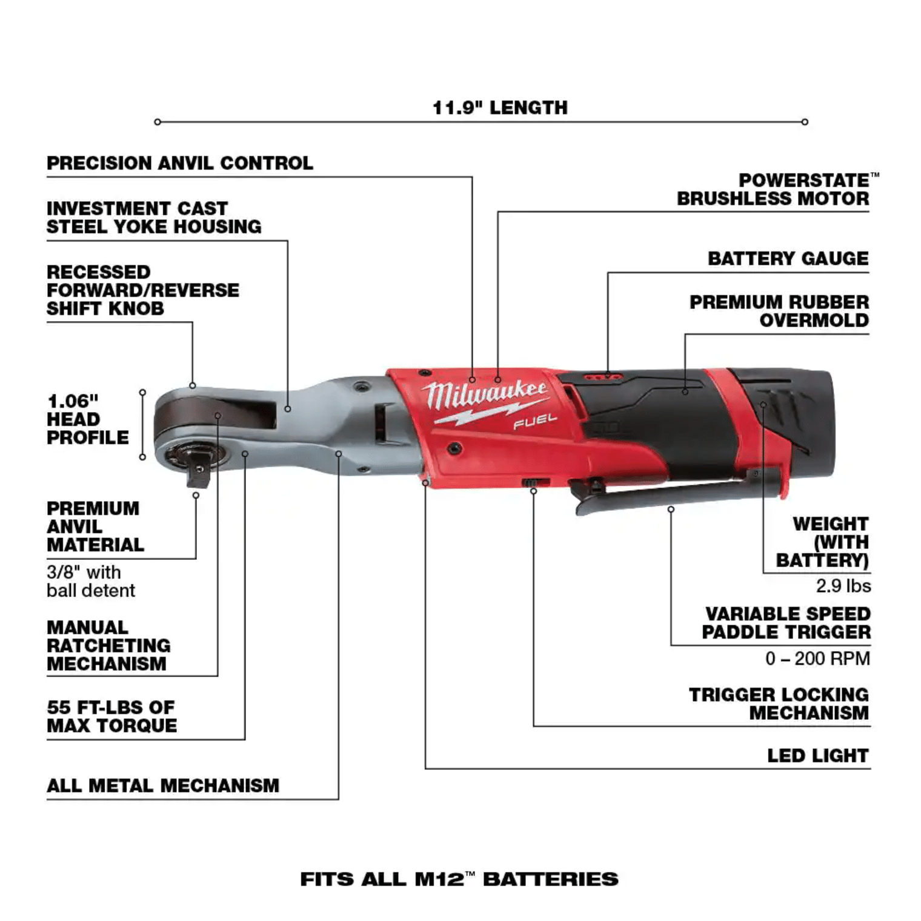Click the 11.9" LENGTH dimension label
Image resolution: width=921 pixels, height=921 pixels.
tap(500, 108)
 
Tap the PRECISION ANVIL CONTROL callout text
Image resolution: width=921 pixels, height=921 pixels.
tap(180, 163)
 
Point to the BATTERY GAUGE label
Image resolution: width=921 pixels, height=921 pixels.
tap(788, 259)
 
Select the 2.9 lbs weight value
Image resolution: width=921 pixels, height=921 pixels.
tap(843, 586)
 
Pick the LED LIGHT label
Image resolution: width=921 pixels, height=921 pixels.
tap(818, 756)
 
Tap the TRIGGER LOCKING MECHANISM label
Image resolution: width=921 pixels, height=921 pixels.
tap(779, 703)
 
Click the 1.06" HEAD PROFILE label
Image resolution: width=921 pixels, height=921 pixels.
tap(88, 419)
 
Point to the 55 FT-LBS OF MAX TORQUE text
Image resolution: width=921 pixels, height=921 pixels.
tap(111, 716)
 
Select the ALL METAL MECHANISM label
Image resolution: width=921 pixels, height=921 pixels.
tap(163, 786)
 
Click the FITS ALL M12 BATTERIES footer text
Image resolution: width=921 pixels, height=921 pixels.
tap(459, 879)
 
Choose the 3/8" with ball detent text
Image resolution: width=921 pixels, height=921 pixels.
tap(91, 581)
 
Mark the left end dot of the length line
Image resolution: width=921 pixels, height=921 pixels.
tap(158, 122)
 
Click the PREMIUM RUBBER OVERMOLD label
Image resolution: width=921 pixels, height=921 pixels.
tap(779, 311)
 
